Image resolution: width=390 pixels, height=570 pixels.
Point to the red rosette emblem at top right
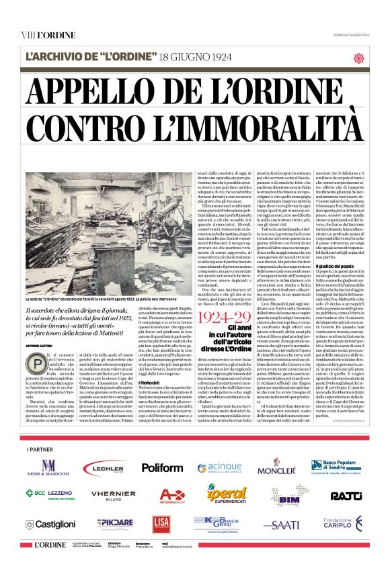point(358,58)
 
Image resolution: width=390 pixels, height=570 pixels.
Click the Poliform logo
point(161,467)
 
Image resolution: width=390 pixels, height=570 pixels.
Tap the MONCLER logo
point(276,468)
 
